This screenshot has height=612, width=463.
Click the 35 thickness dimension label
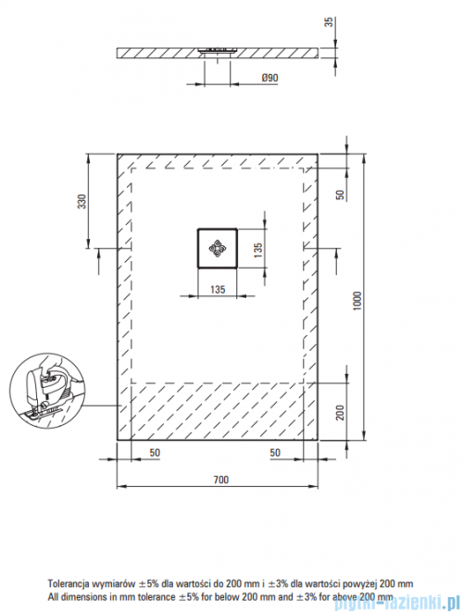(x=330, y=22)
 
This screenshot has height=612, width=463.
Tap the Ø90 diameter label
(x=269, y=78)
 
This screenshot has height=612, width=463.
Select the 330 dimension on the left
(x=82, y=202)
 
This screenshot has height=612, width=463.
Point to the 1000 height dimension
(x=357, y=301)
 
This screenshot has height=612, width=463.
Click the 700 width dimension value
(x=221, y=480)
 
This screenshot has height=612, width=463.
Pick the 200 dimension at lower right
(x=341, y=413)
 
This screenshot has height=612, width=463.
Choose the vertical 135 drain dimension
(x=258, y=250)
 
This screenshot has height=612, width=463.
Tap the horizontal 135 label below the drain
(x=218, y=289)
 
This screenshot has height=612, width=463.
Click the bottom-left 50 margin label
(x=155, y=453)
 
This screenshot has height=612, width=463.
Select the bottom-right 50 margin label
(x=275, y=453)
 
